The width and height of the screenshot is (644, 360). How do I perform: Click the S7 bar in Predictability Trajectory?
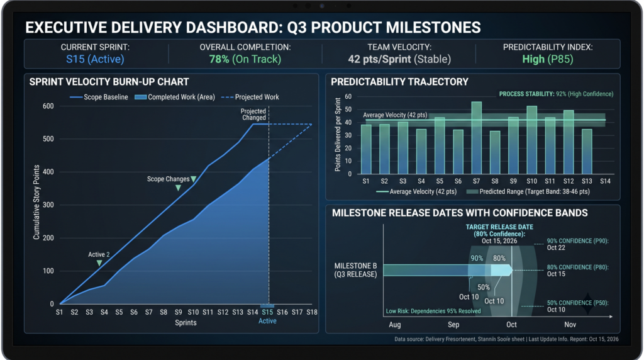477,138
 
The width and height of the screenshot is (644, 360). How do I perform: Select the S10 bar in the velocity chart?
531,140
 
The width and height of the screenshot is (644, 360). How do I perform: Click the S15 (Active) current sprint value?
95,59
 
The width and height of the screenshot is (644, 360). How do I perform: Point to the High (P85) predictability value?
548,59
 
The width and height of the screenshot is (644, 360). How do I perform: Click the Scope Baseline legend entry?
99,97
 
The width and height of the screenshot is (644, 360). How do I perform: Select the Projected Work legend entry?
250,97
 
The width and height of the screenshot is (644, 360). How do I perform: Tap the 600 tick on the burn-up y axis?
48,106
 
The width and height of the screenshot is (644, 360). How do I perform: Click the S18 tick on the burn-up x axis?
312,312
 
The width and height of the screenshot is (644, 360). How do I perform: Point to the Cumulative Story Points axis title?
36,202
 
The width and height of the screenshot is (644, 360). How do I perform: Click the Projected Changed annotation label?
253,115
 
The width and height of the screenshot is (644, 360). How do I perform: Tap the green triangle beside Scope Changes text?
194,179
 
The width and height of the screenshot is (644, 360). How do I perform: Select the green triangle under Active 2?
99,263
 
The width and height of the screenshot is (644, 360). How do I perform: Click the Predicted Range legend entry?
528,191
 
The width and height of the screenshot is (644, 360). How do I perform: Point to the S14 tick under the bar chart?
605,181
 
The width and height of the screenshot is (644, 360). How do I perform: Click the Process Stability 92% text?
556,94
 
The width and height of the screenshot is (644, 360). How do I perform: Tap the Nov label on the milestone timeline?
570,325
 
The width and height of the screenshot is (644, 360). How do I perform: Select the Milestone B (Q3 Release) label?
356,270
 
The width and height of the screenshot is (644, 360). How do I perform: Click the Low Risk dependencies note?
433,311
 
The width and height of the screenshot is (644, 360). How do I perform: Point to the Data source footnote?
506,339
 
